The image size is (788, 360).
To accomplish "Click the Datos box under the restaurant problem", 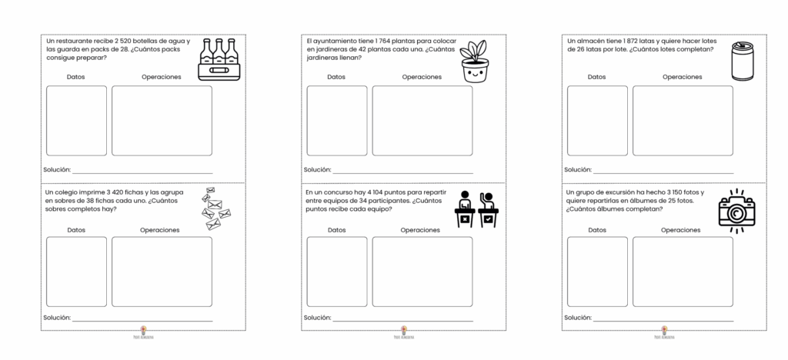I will pos(76,120).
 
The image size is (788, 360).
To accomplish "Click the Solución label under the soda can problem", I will pos(578,170).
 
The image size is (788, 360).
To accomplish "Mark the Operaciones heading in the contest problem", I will pos(421,229).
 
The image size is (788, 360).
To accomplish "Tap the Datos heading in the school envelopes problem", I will pos(76,229).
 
